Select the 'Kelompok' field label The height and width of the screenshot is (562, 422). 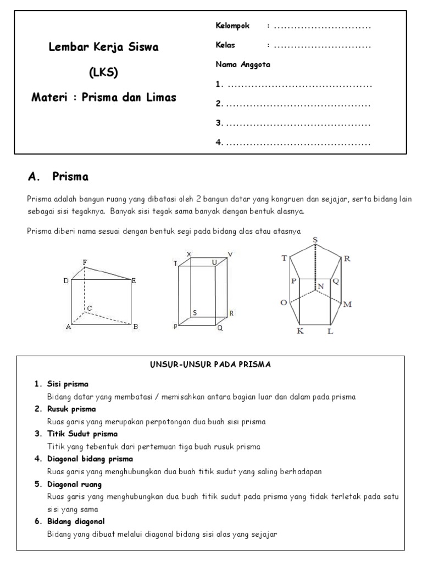[232, 26]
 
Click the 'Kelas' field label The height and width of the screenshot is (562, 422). [225, 45]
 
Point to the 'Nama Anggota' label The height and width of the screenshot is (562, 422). [242, 64]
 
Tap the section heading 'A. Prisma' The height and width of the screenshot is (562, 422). [58, 177]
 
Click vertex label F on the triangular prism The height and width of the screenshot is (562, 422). [85, 263]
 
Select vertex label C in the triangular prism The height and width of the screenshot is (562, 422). [88, 308]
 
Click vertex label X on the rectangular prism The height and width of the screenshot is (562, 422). [189, 254]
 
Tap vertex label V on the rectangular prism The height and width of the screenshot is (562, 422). [230, 254]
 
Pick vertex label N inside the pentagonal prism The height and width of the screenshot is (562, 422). [320, 287]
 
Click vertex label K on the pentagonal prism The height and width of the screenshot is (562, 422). [299, 331]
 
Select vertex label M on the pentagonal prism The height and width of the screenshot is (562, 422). [347, 305]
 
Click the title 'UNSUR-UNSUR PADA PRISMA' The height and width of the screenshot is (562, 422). [210, 364]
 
